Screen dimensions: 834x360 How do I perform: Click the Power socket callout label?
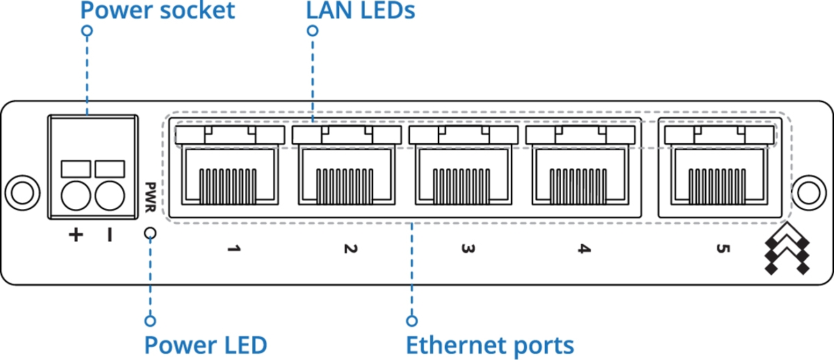(158, 10)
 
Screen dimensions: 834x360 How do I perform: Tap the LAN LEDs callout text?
(361, 10)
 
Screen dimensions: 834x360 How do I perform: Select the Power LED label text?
(206, 345)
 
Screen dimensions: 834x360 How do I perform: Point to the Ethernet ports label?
(490, 345)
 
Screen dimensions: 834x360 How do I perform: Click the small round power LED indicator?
(150, 234)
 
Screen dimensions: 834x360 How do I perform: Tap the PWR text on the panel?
(149, 197)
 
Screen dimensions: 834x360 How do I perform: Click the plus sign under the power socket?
(76, 235)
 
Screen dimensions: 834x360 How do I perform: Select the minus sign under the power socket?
(110, 235)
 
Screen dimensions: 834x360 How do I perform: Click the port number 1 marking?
(234, 248)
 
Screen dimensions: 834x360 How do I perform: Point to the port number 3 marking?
(468, 248)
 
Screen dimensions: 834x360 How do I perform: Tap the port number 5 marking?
(723, 248)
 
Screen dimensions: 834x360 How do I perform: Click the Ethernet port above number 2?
(347, 165)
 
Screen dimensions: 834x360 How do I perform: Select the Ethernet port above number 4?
(580, 165)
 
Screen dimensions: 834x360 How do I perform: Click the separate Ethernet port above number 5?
(719, 165)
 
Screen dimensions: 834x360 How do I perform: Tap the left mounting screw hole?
(22, 193)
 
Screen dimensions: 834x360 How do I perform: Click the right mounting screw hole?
(809, 193)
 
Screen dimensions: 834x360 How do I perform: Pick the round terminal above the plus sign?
(76, 196)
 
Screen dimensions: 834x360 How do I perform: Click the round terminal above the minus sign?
(110, 196)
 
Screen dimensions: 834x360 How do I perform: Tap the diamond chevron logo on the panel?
(787, 249)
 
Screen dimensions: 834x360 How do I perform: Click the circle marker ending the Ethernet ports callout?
(411, 321)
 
